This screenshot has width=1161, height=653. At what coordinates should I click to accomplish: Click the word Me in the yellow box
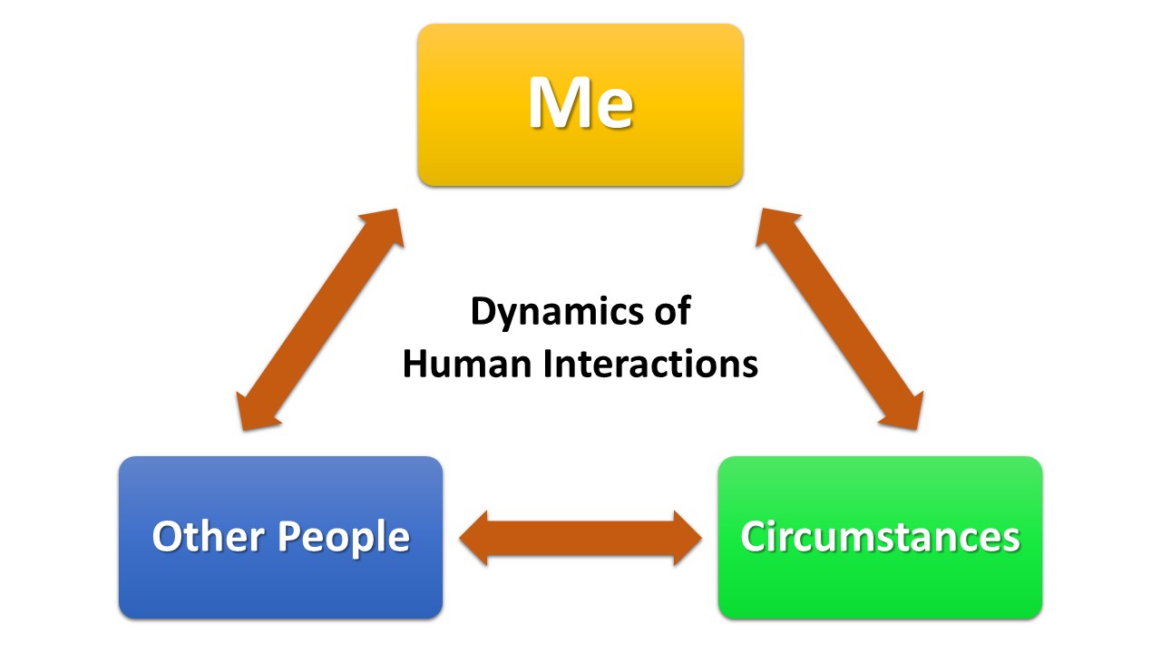coord(580,102)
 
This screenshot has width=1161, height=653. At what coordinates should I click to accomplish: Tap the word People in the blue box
coord(344,537)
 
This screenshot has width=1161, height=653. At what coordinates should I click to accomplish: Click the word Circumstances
coord(880,536)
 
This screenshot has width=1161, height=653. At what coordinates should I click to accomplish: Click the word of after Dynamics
coord(672,312)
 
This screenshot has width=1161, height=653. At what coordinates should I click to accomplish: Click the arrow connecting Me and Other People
coord(318,318)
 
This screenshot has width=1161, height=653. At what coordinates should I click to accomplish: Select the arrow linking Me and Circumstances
coord(842,318)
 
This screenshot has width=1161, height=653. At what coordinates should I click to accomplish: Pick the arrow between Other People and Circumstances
coord(580,538)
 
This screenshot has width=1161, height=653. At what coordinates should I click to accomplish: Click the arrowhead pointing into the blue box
coord(476,538)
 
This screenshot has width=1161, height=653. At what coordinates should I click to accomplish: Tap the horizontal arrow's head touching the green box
coord(687,538)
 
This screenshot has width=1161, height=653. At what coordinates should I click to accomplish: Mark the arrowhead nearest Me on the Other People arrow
coord(383,227)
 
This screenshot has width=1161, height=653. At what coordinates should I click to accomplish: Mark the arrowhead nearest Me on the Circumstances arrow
coord(777,227)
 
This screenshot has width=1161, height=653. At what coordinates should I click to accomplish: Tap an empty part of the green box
coord(880,590)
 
